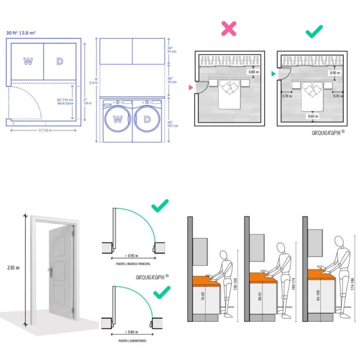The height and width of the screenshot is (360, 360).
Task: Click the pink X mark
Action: (229, 29)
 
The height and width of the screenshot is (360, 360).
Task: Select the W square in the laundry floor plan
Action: (28, 61)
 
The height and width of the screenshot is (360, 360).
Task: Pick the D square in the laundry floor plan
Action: (60, 61)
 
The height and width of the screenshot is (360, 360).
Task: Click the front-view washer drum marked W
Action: (117, 120)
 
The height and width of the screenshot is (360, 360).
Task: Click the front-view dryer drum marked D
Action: (147, 120)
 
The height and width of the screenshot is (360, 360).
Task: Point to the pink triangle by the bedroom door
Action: (191, 88)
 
